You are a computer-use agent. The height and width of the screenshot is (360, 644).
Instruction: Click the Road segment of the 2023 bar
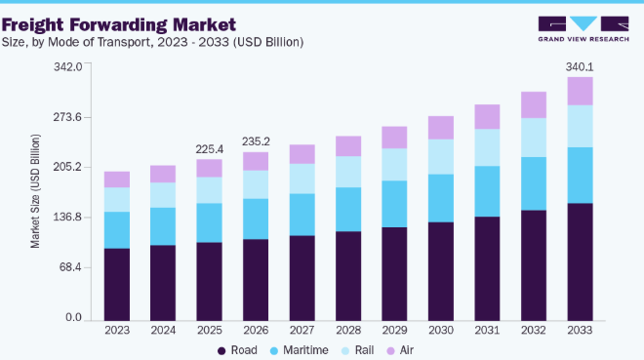(117, 285)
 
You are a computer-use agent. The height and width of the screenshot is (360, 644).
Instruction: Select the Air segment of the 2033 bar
(580, 91)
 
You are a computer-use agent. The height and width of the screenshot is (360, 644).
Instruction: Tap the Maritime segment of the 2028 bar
(348, 210)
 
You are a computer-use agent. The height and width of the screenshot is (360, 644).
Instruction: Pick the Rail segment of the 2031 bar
(487, 147)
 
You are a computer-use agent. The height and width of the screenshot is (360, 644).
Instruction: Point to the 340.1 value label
(580, 67)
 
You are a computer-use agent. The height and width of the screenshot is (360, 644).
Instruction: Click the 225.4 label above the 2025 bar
(210, 149)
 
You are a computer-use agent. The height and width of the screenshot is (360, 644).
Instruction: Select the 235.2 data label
(256, 141)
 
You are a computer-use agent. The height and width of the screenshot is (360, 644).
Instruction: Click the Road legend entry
(237, 350)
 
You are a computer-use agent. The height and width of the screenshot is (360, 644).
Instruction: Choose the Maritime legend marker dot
(274, 351)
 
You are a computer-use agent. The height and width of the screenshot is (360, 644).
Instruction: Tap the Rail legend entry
(358, 350)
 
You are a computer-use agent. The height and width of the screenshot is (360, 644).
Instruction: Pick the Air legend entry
(400, 350)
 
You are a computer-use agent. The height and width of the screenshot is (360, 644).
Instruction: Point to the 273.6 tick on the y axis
(67, 117)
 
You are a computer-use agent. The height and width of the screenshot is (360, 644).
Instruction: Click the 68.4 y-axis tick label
(70, 267)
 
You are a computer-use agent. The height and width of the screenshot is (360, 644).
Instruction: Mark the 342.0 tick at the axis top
(67, 66)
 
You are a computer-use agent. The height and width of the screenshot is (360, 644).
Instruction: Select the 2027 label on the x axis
(302, 331)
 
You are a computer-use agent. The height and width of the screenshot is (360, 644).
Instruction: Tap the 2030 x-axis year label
(441, 331)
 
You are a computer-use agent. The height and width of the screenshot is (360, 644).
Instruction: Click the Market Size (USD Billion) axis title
(35, 191)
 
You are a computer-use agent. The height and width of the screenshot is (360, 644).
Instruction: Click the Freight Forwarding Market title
(119, 24)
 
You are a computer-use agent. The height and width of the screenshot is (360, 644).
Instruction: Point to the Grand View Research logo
(584, 28)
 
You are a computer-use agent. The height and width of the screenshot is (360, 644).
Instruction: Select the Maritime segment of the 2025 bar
(210, 222)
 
